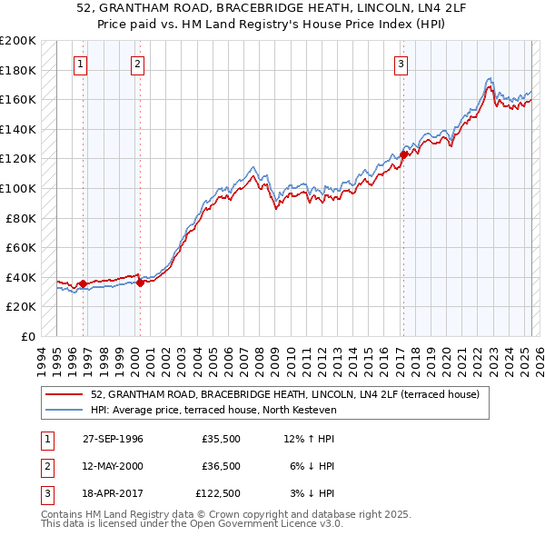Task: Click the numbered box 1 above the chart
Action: tap(82, 64)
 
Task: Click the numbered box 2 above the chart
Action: tap(137, 64)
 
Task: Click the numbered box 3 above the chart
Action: tap(401, 64)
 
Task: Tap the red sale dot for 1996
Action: tap(83, 283)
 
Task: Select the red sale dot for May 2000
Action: tap(140, 283)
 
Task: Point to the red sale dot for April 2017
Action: tap(403, 154)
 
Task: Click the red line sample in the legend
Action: tap(64, 394)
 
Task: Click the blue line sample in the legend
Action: tap(64, 410)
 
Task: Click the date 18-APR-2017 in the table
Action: tap(113, 493)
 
